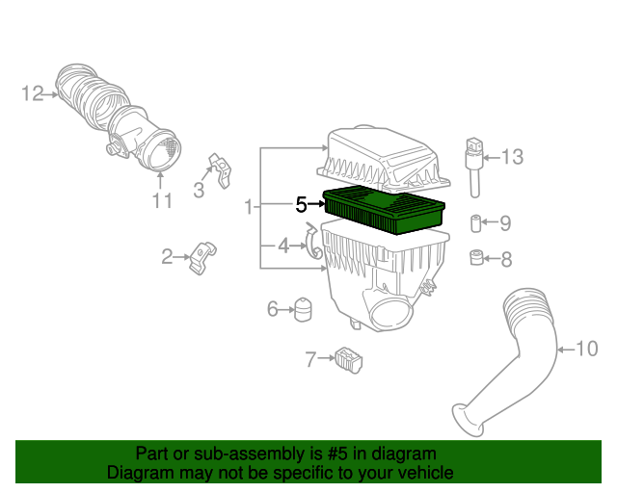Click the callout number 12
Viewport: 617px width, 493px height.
pos(32,93)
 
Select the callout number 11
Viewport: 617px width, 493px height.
pos(162,200)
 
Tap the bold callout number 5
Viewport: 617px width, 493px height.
pos(301,204)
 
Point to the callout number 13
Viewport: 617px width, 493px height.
pos(512,157)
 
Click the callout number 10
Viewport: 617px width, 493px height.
pos(587,349)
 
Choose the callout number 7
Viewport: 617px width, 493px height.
pos(310,359)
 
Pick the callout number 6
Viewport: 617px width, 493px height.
pos(272,309)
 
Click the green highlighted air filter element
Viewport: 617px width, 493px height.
pos(384,210)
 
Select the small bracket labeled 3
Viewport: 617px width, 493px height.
pos(221,170)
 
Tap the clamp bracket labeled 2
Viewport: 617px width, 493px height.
pos(202,257)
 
